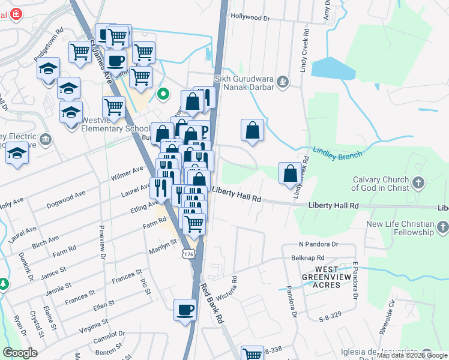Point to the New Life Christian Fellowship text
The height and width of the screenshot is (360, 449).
pyautogui.click(x=400, y=228)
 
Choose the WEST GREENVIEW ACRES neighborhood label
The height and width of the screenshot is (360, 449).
pyautogui.click(x=328, y=280)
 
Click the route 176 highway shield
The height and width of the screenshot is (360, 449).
pyautogui.click(x=190, y=254)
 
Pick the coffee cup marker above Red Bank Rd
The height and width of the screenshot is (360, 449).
pyautogui.click(x=185, y=310)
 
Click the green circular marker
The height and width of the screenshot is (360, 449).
pyautogui.click(x=162, y=94)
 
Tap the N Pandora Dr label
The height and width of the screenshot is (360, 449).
pyautogui.click(x=319, y=245)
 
